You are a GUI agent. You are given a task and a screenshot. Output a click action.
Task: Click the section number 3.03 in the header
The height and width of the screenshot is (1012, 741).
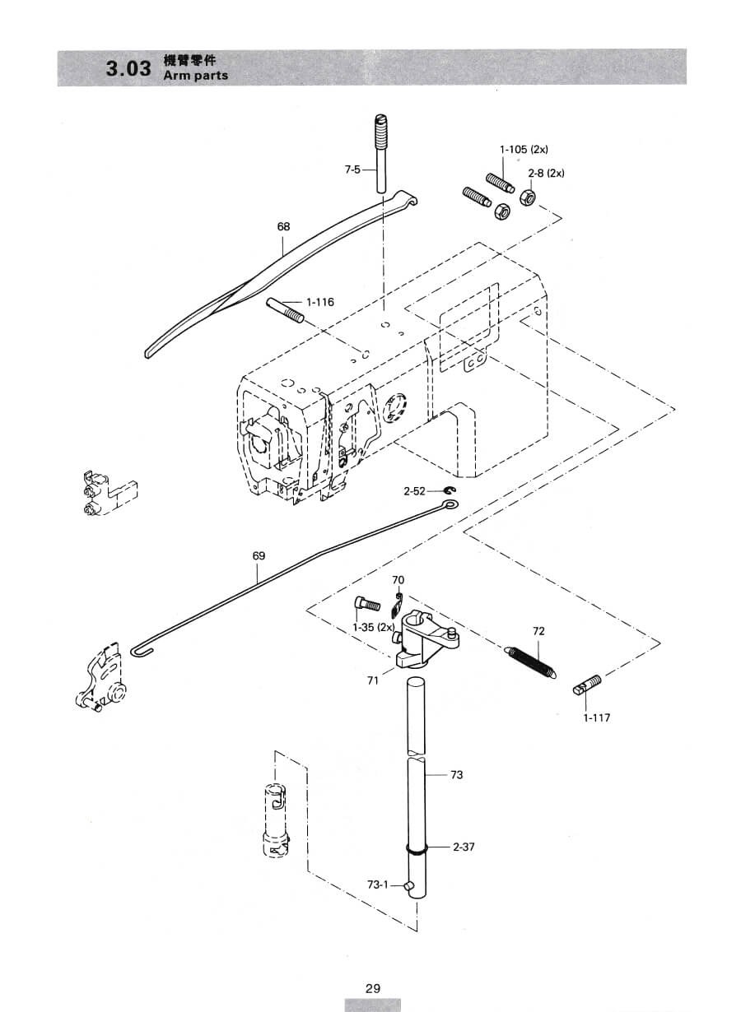pos(128,68)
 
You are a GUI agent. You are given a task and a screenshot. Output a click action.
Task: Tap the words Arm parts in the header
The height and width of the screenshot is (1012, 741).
pos(196,75)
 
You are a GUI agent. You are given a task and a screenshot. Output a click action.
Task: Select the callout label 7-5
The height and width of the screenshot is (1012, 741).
pos(352,169)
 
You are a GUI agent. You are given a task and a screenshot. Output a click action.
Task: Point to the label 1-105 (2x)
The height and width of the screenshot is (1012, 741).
pos(524,149)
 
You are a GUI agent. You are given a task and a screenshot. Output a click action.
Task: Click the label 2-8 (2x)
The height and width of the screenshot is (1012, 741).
pos(546,173)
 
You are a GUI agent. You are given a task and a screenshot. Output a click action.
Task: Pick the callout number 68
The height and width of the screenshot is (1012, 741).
pos(283,226)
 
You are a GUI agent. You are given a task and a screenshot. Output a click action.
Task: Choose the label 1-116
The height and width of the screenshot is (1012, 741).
pos(320,302)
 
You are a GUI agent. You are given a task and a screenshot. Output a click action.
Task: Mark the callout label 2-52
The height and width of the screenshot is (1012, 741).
pos(415,491)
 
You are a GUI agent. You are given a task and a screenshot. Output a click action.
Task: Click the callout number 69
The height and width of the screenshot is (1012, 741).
pos(259,555)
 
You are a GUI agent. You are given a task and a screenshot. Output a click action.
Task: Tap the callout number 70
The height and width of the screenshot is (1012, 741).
pos(398,580)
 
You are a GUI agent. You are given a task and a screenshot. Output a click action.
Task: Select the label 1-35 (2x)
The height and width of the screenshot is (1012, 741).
pos(374,627)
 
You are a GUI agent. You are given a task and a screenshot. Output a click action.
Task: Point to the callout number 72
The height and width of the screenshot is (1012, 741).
pos(539,631)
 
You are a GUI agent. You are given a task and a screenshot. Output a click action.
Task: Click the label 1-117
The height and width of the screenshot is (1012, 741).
pos(597,717)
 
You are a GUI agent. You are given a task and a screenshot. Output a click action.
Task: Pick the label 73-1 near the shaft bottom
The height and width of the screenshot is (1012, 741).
pos(378,884)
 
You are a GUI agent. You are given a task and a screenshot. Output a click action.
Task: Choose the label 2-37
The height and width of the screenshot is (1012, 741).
pos(464,847)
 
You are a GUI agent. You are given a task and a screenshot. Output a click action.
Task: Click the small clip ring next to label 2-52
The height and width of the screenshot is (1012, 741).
pos(449,491)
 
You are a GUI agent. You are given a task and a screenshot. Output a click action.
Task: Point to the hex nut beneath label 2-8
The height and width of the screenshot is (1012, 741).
pos(527,197)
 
